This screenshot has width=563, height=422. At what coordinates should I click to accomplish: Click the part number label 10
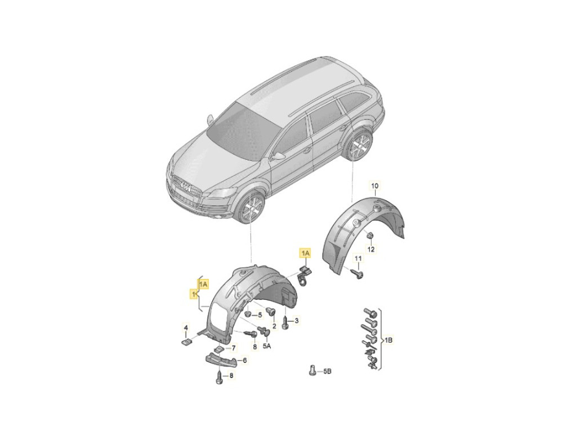374,186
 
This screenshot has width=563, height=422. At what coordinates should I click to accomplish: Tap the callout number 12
371,249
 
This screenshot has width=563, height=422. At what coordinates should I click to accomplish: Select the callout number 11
359,258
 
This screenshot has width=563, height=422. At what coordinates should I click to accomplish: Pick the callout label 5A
267,347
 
